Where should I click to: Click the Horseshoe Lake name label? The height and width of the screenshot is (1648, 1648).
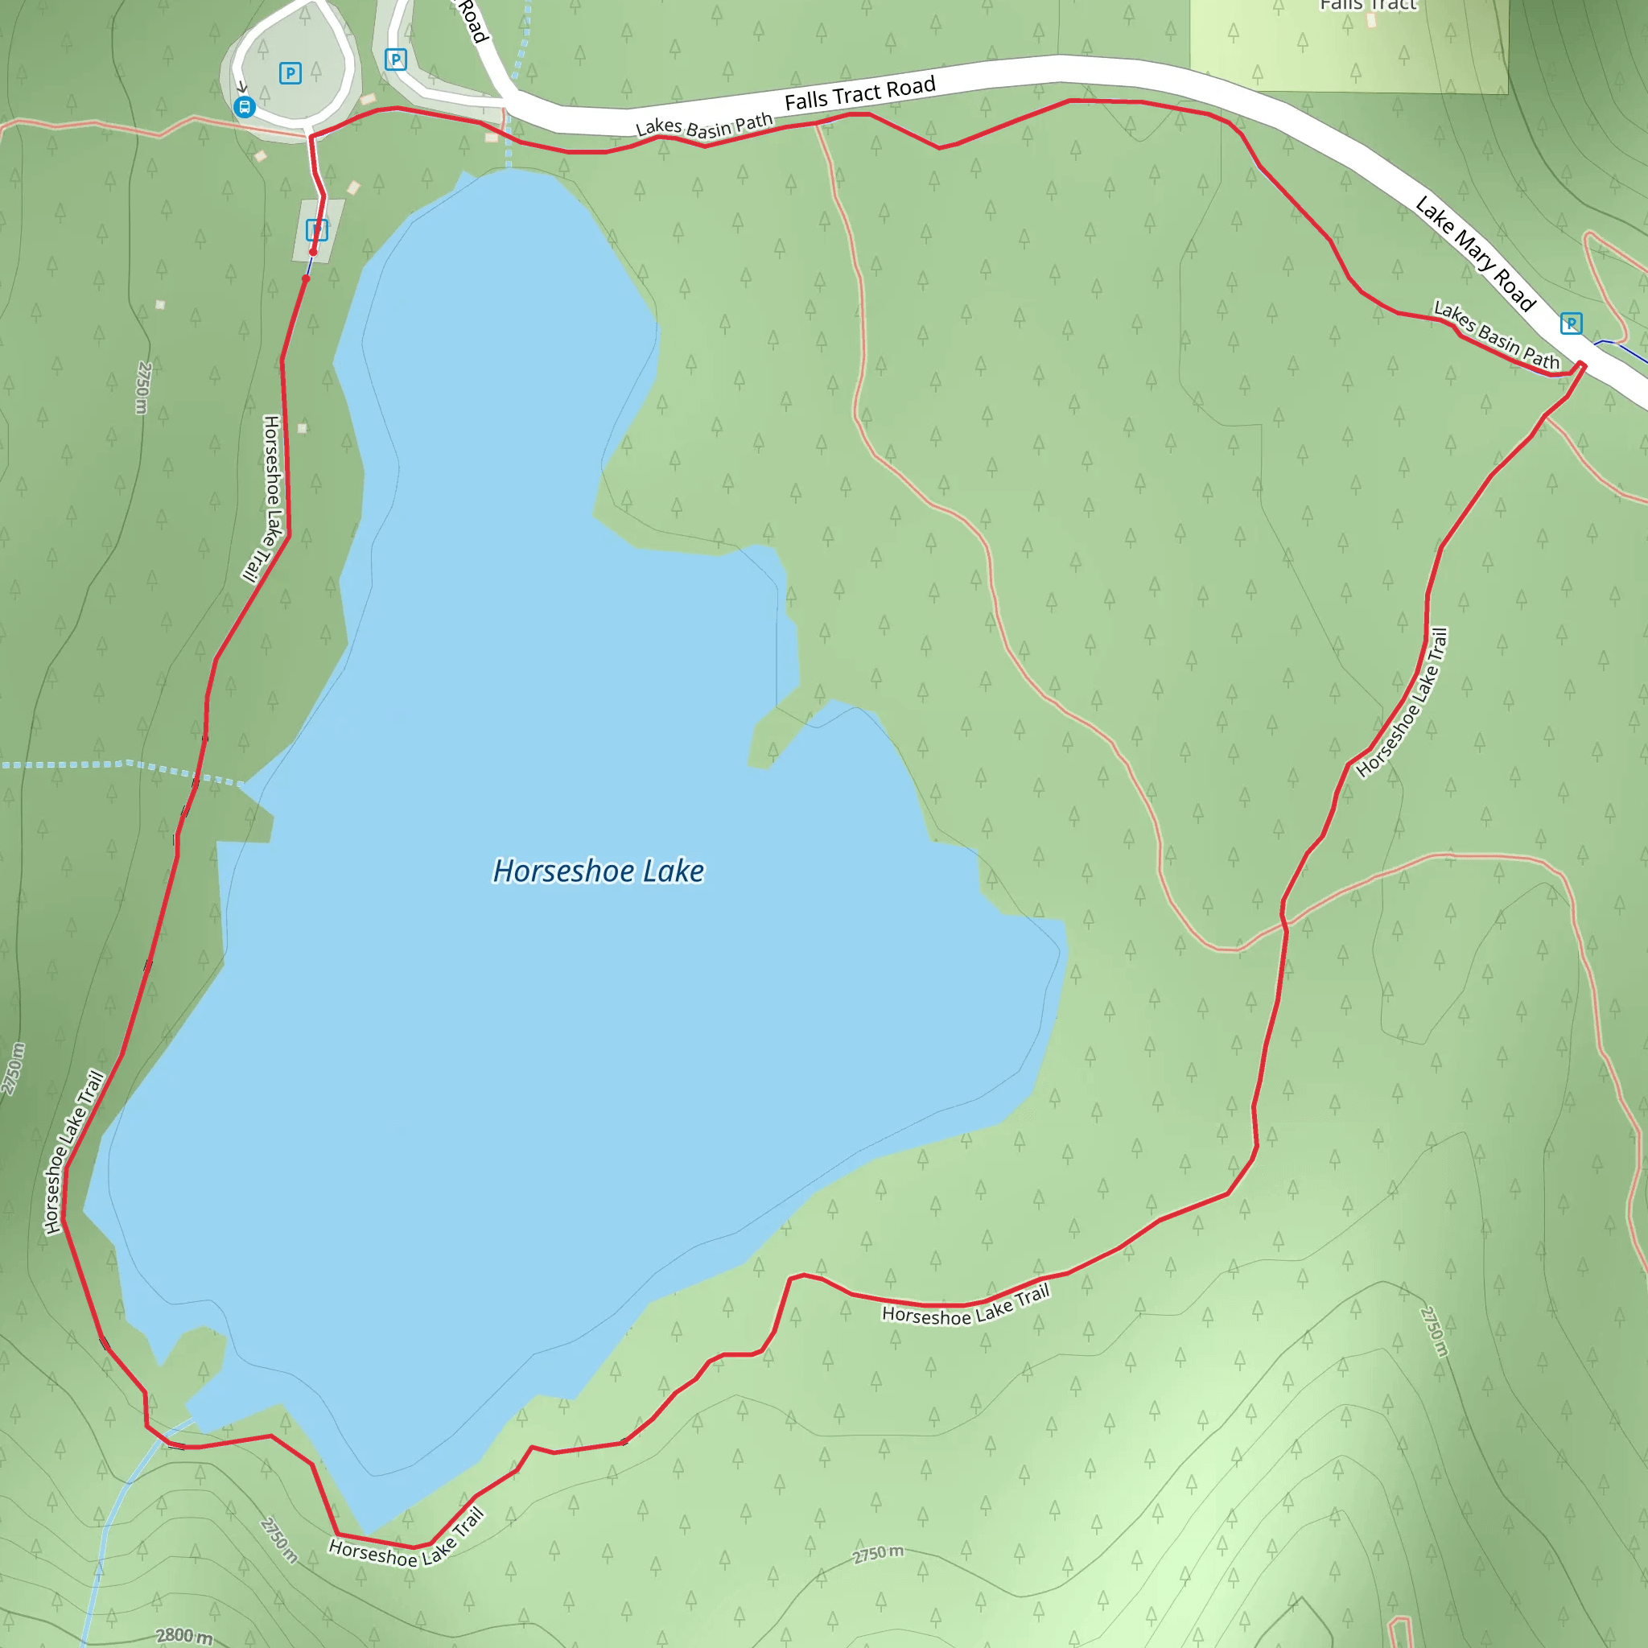(599, 871)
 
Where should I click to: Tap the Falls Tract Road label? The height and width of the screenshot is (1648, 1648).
(860, 94)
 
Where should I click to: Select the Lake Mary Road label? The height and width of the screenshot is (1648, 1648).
(1475, 253)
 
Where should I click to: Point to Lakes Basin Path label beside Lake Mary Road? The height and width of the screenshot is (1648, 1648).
(1496, 336)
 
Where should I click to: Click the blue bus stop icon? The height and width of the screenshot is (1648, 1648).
(244, 107)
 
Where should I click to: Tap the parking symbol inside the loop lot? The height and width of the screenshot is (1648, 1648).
(290, 73)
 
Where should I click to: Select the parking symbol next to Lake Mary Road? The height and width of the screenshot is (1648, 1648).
(1572, 323)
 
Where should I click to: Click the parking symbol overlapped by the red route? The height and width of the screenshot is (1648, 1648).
(316, 229)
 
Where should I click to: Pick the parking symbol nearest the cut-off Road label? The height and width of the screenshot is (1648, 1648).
(395, 60)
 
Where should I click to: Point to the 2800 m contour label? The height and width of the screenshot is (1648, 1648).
(184, 1634)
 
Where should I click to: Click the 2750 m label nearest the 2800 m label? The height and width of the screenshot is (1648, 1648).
(279, 1540)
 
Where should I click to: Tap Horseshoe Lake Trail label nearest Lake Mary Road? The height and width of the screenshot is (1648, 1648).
(1402, 702)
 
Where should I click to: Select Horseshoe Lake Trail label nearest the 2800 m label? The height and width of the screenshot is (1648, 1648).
(407, 1544)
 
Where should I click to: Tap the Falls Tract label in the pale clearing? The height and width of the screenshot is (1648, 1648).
(1368, 5)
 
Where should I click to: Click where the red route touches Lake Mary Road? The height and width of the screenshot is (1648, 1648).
(1580, 366)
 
